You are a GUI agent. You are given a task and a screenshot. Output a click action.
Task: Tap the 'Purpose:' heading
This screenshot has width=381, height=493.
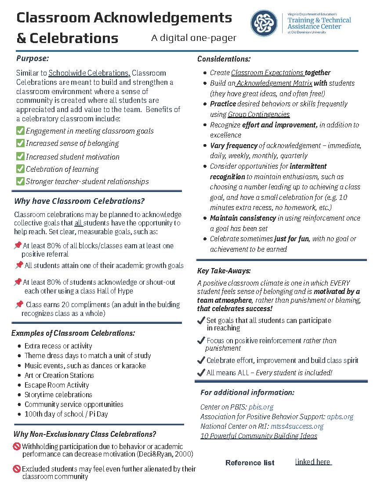[33, 58]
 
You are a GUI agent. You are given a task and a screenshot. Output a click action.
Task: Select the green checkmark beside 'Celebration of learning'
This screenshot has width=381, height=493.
[20, 169]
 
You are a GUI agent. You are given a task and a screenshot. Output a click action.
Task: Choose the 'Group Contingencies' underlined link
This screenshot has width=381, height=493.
[259, 114]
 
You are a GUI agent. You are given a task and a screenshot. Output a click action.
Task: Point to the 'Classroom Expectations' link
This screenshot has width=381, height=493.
[268, 72]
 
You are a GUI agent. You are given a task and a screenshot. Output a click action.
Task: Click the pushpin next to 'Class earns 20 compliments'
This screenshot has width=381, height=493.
[19, 304]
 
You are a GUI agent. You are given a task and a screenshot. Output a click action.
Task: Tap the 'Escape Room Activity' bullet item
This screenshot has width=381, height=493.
[57, 385]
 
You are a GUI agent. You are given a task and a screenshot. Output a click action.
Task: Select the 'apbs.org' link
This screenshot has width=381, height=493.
[340, 417]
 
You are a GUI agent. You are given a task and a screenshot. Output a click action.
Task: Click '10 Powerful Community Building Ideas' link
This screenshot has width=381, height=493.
[258, 436]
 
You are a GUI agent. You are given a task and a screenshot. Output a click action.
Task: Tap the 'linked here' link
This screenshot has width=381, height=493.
[313, 462]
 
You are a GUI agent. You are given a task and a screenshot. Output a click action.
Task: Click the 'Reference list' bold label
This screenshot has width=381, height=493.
[250, 463]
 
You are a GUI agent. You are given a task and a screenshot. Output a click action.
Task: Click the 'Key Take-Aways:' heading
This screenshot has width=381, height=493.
[224, 271]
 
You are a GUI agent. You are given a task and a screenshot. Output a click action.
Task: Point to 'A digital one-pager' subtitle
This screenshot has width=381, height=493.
[194, 38]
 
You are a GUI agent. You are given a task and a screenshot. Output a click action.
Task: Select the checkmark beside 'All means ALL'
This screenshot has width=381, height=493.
[201, 373]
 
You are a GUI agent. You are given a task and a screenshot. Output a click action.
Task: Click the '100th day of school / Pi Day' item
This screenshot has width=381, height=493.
[66, 414]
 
